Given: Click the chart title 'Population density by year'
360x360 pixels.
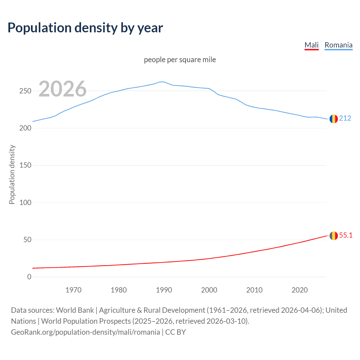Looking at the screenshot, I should (x=85, y=28).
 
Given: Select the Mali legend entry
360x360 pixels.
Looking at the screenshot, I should (x=311, y=45).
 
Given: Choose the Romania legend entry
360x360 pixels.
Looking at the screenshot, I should (x=338, y=45).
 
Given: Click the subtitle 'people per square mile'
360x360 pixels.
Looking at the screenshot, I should (x=180, y=60).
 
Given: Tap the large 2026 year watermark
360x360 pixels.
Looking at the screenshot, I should (x=62, y=89).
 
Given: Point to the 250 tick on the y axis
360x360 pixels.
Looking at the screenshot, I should (x=25, y=91).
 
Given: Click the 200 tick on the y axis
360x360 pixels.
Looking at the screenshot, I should (x=25, y=128).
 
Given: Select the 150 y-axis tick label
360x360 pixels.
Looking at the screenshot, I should (x=25, y=165).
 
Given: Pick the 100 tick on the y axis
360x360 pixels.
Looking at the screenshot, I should (x=25, y=202).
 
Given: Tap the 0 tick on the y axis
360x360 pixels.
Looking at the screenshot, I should (x=29, y=277).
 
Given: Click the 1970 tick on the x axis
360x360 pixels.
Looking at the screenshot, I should (x=73, y=290).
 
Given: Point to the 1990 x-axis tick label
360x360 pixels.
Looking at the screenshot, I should (x=164, y=290).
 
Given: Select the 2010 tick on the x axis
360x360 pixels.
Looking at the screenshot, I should (x=254, y=290).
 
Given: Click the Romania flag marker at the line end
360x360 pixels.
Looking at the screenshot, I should (x=334, y=119).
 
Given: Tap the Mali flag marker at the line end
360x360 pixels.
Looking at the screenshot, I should (x=334, y=236).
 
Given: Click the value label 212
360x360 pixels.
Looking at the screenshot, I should (x=345, y=118).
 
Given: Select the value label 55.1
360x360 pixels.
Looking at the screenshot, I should (x=346, y=235).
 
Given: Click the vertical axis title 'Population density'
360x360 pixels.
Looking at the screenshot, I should (x=12, y=174).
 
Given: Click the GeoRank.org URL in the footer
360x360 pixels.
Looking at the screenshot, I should (x=85, y=332).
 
